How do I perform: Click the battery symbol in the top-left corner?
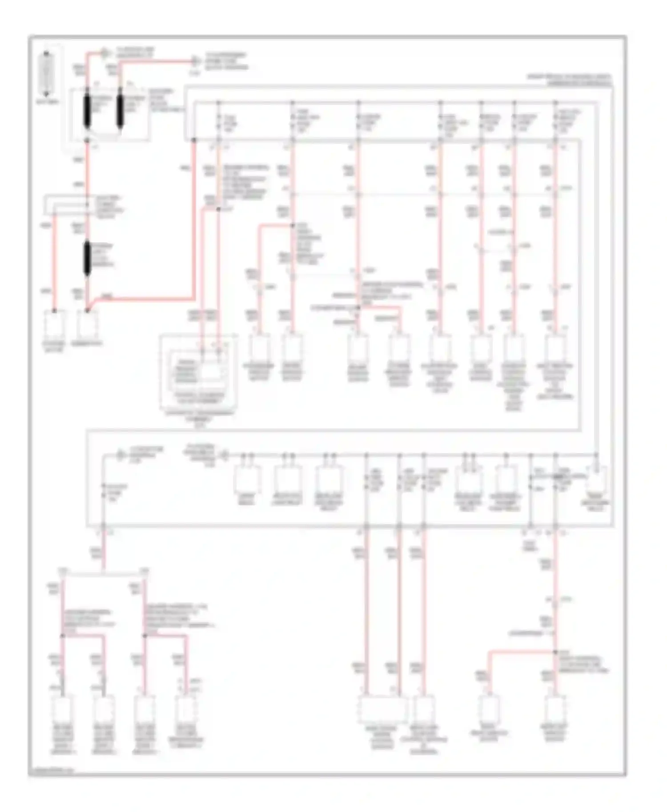(x=46, y=73)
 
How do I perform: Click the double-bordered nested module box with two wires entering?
(x=198, y=373)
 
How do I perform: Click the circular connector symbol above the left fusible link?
(x=105, y=53)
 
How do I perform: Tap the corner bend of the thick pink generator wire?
(x=194, y=299)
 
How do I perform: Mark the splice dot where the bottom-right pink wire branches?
(x=555, y=652)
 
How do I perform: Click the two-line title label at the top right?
(x=570, y=80)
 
